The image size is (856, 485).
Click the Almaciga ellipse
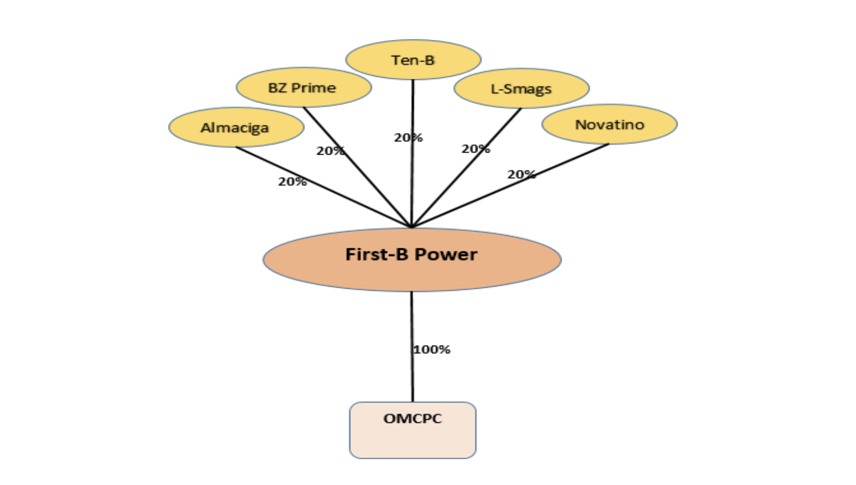(x=236, y=127)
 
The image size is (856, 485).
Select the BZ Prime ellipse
(x=303, y=87)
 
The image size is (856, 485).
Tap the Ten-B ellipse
(x=413, y=60)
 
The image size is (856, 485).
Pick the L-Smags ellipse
(x=521, y=88)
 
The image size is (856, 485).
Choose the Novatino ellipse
(x=609, y=125)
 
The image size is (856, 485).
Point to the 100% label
(x=432, y=349)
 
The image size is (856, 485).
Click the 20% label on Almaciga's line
(x=292, y=181)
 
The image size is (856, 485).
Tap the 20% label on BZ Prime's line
(x=330, y=151)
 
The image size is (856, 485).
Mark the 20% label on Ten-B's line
(x=408, y=138)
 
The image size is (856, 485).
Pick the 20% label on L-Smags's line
(x=475, y=149)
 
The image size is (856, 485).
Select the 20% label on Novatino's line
(x=521, y=174)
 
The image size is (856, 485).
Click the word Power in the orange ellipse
(x=446, y=255)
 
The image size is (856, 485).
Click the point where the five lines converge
(x=412, y=227)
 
